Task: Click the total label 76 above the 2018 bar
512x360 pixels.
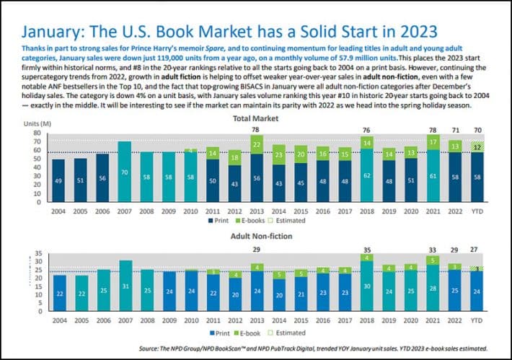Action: click(x=366, y=130)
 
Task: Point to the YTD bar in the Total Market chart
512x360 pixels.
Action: click(x=477, y=175)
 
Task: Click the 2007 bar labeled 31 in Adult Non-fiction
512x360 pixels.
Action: click(x=124, y=290)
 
